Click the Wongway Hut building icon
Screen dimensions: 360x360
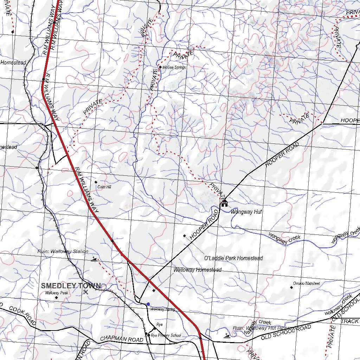pyautogui.click(x=224, y=203)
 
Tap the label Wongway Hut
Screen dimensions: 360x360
pyautogui.click(x=246, y=212)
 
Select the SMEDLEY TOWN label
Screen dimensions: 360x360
pyautogui.click(x=71, y=286)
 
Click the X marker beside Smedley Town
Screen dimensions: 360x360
pyautogui.click(x=85, y=292)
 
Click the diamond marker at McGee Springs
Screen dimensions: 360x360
pyautogui.click(x=160, y=67)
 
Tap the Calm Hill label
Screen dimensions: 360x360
pyautogui.click(x=104, y=187)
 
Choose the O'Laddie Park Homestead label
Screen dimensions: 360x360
pyautogui.click(x=233, y=258)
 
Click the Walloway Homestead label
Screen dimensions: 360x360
pyautogui.click(x=198, y=270)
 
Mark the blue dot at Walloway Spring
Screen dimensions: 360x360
pyautogui.click(x=148, y=304)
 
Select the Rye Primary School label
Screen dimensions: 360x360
pyautogui.click(x=166, y=335)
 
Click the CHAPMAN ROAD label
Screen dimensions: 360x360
pyautogui.click(x=122, y=339)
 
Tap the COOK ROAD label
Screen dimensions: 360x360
pyautogui.click(x=22, y=315)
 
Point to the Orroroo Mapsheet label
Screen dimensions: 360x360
pyautogui.click(x=307, y=283)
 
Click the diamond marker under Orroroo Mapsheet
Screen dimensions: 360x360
pyautogui.click(x=291, y=288)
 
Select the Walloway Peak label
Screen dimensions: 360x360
pyautogui.click(x=54, y=292)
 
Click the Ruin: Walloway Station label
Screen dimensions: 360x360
pyautogui.click(x=63, y=251)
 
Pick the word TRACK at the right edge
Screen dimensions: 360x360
pyautogui.click(x=349, y=321)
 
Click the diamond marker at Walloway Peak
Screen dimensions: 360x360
pyautogui.click(x=56, y=298)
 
